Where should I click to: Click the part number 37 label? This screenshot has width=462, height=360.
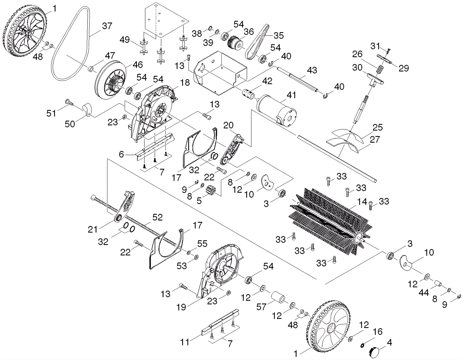tap(107, 26)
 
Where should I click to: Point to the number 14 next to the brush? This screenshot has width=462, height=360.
tap(362, 202)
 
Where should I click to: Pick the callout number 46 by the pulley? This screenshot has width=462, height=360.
tap(138, 65)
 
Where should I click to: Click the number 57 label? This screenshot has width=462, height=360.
tap(261, 307)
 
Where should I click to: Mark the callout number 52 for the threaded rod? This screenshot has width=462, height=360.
tap(158, 217)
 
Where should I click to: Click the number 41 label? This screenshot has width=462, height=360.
tap(291, 95)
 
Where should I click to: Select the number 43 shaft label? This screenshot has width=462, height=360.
tap(312, 70)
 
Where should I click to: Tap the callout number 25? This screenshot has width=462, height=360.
tap(378, 127)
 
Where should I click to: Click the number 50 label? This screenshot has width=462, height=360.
tap(70, 124)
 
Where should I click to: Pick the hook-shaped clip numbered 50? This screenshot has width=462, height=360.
tap(87, 109)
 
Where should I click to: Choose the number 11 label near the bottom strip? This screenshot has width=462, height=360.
tap(185, 342)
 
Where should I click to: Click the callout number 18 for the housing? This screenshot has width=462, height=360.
tap(185, 83)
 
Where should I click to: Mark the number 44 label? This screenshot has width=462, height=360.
tap(424, 293)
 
